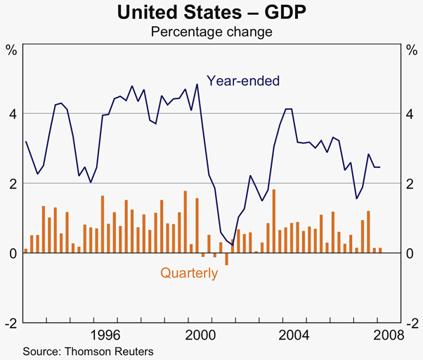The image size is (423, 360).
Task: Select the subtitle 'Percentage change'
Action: pos(211,32)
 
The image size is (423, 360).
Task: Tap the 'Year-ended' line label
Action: pos(242,81)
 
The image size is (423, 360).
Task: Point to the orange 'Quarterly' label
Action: pos(189,273)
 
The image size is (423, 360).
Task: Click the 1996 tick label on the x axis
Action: pos(103,335)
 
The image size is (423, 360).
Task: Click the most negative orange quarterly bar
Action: pos(226,259)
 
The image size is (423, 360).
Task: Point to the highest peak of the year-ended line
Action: pos(197,84)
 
